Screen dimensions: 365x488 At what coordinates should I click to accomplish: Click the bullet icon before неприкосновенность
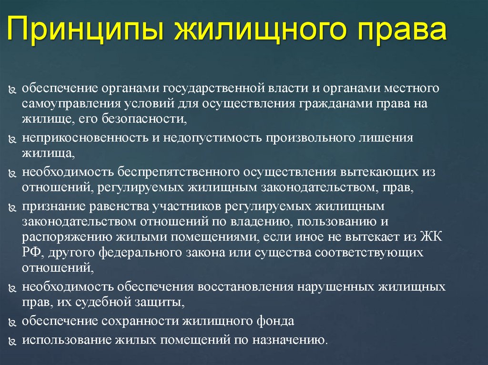pyautogui.click(x=12, y=140)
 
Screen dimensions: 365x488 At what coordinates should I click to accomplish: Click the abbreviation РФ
pyautogui.click(x=32, y=252)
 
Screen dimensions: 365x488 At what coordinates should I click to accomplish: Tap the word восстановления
pyautogui.click(x=244, y=287)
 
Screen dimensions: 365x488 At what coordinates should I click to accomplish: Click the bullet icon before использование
pyautogui.click(x=12, y=342)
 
